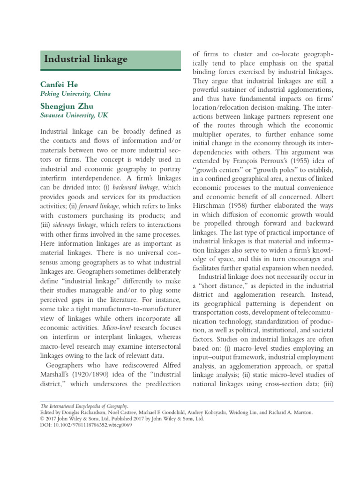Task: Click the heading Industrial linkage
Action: (x=85, y=59)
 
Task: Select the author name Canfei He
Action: (x=60, y=84)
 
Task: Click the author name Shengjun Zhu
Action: (x=67, y=106)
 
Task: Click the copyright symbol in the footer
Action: (x=42, y=419)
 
